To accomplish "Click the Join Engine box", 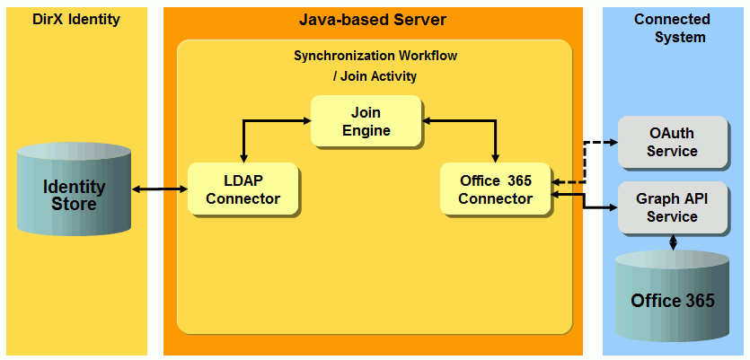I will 366,121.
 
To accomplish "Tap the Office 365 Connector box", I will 496,189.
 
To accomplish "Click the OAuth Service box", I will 672,142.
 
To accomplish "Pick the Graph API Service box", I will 672,207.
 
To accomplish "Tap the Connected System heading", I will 672,28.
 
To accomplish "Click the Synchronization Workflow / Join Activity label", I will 375,66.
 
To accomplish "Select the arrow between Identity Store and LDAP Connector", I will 160,189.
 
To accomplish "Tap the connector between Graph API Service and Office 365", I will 673,242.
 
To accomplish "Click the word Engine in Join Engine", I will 366,130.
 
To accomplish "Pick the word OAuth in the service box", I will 672,133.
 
